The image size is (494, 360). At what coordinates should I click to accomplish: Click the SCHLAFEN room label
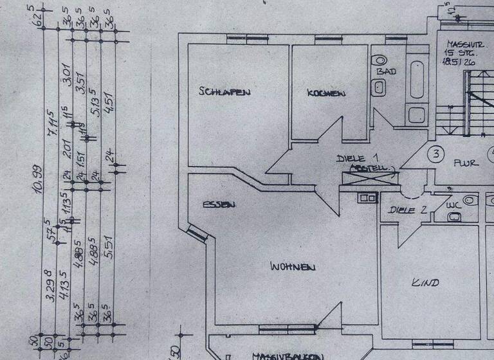pyautogui.click(x=224, y=92)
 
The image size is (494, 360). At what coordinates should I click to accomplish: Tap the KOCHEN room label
pyautogui.click(x=325, y=94)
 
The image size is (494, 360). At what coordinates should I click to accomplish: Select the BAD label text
pyautogui.click(x=387, y=71)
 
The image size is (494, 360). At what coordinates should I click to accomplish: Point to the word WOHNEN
pyautogui.click(x=293, y=265)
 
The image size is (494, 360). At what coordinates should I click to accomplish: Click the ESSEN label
pyautogui.click(x=219, y=205)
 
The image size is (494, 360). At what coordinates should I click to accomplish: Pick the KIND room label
pyautogui.click(x=425, y=282)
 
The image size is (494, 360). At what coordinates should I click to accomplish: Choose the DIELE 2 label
pyautogui.click(x=408, y=210)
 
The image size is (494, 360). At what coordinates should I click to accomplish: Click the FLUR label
pyautogui.click(x=466, y=163)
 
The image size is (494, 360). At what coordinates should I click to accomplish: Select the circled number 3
pyautogui.click(x=437, y=154)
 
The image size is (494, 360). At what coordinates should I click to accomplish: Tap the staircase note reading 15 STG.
pyautogui.click(x=458, y=54)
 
